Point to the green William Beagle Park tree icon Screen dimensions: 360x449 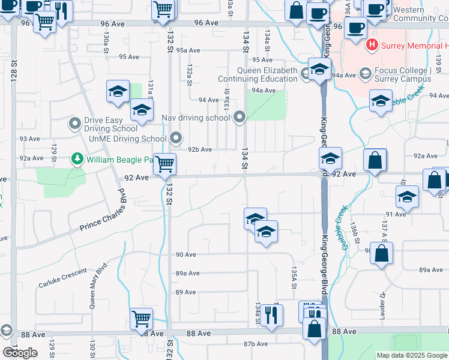(x=77, y=159)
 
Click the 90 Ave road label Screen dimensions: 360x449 (x=186, y=254)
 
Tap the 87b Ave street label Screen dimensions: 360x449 (x=255, y=344)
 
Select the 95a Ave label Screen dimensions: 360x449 (x=188, y=50)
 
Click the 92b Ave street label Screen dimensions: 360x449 (x=200, y=149)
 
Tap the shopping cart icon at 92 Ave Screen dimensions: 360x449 (x=164, y=163)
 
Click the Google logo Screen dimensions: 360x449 (x=19, y=353)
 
